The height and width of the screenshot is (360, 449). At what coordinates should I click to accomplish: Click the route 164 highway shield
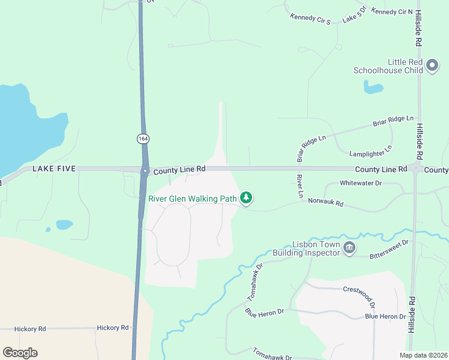pyautogui.click(x=143, y=139)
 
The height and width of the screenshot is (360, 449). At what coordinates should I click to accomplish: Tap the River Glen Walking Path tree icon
pyautogui.click(x=246, y=197)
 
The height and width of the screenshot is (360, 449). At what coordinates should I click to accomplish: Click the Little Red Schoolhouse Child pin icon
pyautogui.click(x=432, y=66)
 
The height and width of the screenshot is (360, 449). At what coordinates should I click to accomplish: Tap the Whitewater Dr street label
pyautogui.click(x=361, y=182)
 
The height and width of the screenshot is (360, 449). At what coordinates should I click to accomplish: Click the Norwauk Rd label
pyautogui.click(x=326, y=203)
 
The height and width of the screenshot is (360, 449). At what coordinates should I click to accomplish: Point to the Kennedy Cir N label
pyautogui.click(x=392, y=11)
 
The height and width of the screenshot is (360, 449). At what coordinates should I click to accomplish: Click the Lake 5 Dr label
pyautogui.click(x=354, y=16)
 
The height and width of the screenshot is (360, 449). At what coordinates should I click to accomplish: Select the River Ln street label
pyautogui.click(x=299, y=187)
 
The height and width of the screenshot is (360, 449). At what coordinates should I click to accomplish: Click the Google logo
pyautogui.click(x=20, y=353)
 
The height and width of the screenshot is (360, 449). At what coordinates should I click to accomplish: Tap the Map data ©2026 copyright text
pyautogui.click(x=424, y=355)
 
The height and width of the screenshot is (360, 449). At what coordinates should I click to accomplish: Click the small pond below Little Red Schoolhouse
pyautogui.click(x=373, y=88)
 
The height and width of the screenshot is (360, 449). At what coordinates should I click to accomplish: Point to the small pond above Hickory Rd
pyautogui.click(x=64, y=224)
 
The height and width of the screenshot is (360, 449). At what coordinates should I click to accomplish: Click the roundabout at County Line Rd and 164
pyautogui.click(x=144, y=170)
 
